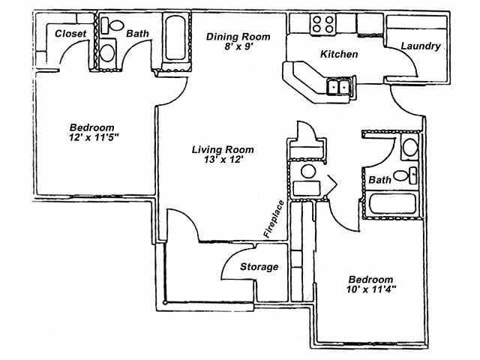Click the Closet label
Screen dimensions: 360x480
71,34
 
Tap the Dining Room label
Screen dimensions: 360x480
238,37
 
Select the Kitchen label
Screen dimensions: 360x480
339,55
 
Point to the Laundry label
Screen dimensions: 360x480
420,46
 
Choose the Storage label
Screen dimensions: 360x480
259,267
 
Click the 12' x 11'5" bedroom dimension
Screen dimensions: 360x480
92,138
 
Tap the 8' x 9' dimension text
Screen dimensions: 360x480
238,47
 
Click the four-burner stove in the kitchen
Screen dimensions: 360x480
325,23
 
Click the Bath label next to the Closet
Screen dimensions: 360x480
137,34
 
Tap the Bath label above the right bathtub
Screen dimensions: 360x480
380,180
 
